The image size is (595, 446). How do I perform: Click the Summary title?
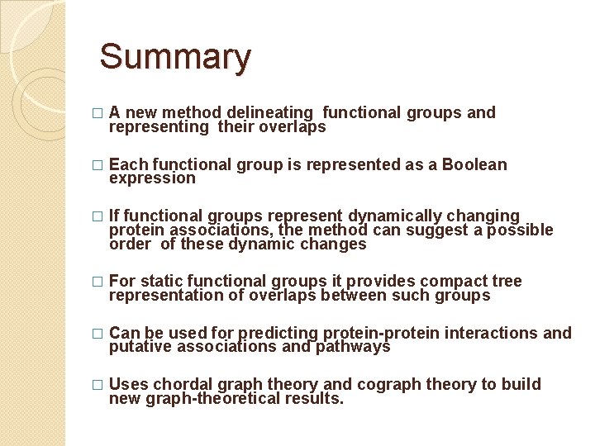[174, 58]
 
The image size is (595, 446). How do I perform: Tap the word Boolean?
[474, 164]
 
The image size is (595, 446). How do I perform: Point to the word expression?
[152, 178]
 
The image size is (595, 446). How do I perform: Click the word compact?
[456, 282]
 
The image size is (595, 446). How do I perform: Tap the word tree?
[507, 282]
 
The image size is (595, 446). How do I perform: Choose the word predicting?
[277, 333]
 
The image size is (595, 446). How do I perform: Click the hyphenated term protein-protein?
[381, 333]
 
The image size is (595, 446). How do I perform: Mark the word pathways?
[351, 347]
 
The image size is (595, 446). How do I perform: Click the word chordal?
[182, 384]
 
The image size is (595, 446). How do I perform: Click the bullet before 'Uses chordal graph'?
[99, 385]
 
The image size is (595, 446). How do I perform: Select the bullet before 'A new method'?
[99, 113]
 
